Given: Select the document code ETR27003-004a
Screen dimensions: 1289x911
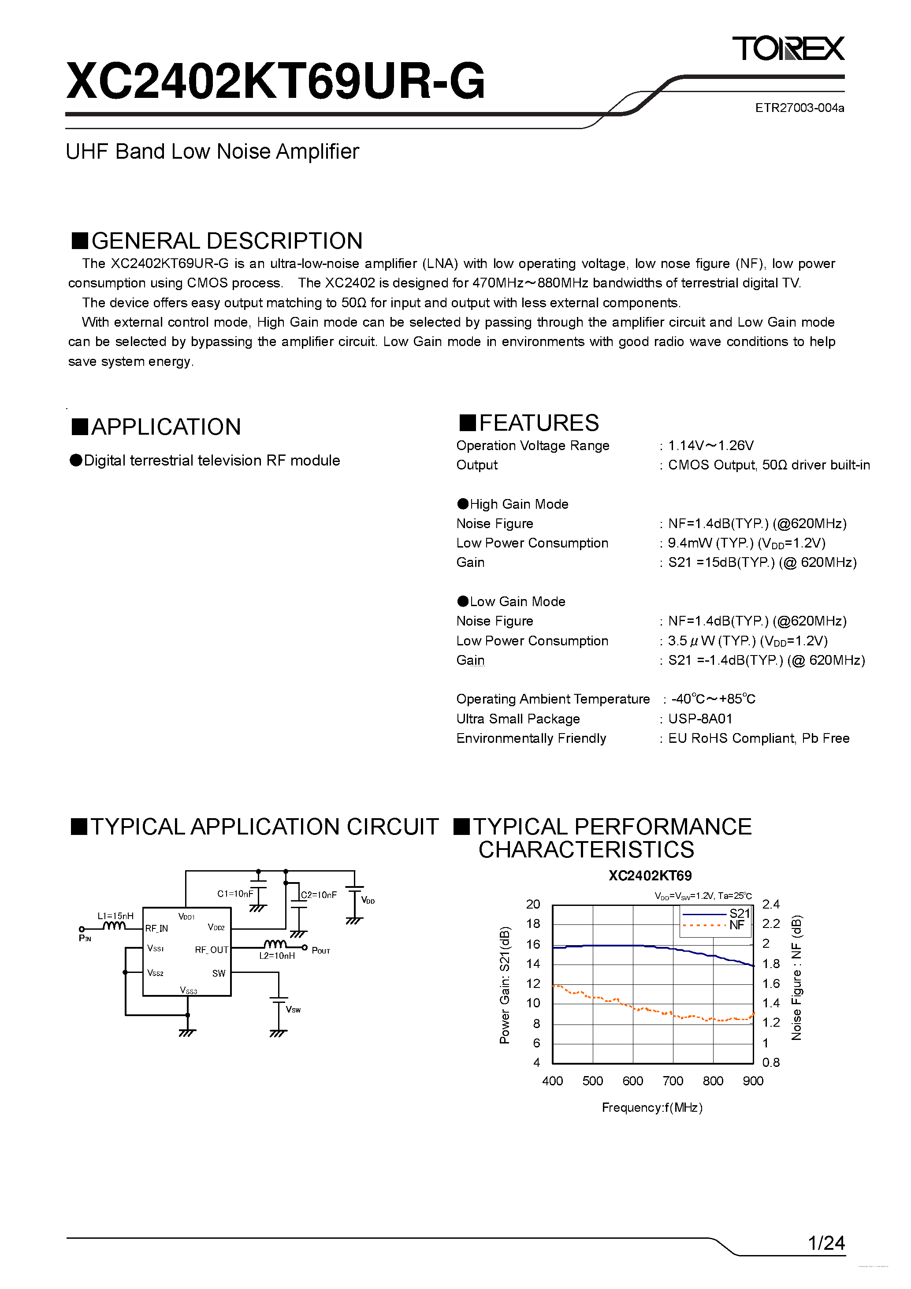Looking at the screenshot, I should (x=799, y=108).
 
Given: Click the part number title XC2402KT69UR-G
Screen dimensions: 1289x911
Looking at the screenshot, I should (x=275, y=82).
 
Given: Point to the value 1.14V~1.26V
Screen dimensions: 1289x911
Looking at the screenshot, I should (x=710, y=446).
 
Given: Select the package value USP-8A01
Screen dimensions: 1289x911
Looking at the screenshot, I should (x=700, y=719).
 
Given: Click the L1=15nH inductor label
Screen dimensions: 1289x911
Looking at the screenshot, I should (x=115, y=916).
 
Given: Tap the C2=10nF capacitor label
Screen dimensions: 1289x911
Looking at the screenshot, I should (x=319, y=895).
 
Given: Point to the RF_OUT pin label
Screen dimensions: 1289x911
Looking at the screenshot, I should (x=211, y=950).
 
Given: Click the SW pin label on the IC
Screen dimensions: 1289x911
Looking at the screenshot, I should (x=218, y=973).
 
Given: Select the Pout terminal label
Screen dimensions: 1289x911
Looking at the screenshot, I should (x=320, y=950).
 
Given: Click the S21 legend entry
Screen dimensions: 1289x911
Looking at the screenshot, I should (x=739, y=913).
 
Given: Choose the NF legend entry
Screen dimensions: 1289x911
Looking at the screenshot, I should (x=736, y=925).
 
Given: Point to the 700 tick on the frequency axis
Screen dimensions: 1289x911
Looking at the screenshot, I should (x=673, y=1081).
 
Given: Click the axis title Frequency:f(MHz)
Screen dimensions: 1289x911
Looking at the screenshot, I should (x=652, y=1107).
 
